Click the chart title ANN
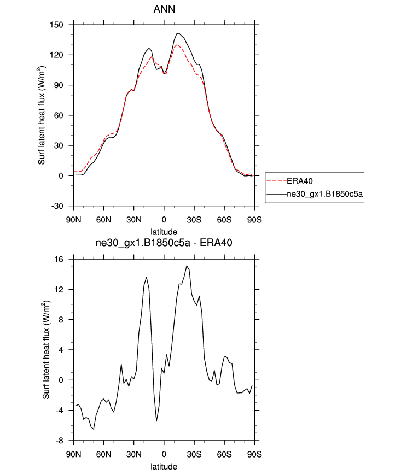click(x=164, y=9)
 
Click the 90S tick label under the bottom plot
click(x=254, y=454)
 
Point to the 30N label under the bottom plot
click(x=134, y=454)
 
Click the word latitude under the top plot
click(x=164, y=232)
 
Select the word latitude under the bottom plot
click(x=164, y=467)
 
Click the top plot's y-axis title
click(x=42, y=115)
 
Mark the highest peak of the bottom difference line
click(x=187, y=266)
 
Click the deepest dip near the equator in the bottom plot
click(x=156, y=421)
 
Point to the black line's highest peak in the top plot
click(x=178, y=33)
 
